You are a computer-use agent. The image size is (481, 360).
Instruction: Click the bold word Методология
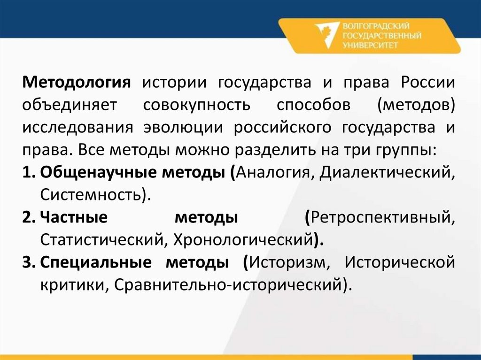click(76, 83)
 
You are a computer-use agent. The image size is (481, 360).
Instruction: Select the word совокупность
click(197, 105)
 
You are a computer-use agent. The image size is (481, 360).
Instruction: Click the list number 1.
click(27, 173)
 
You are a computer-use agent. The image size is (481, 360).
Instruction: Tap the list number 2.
click(27, 218)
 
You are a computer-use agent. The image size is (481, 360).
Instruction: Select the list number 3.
click(27, 262)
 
